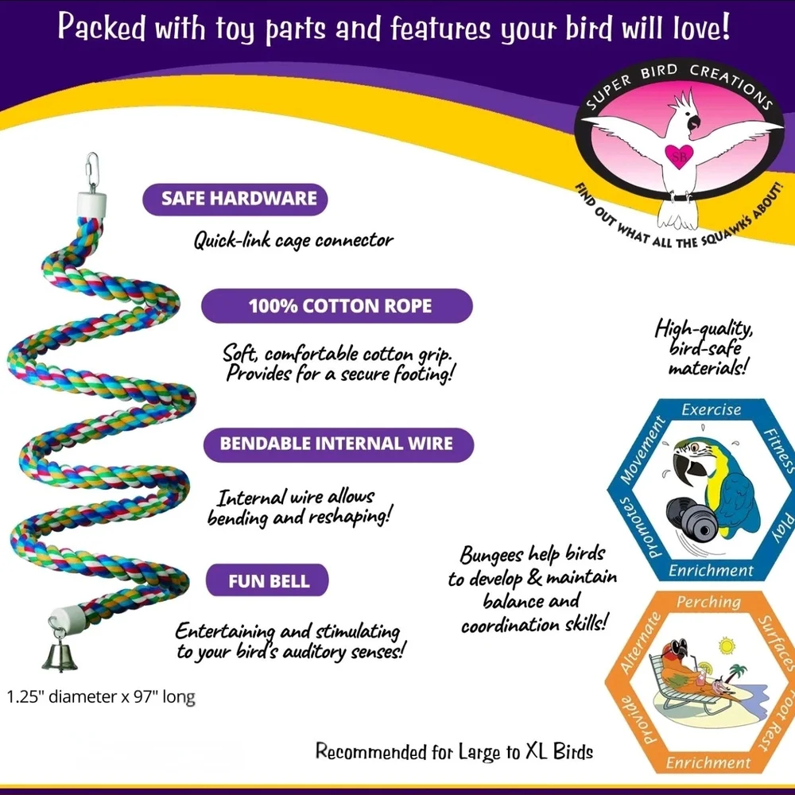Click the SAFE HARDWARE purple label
[235, 199]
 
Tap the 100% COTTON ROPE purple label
[337, 306]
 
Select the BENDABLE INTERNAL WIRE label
[339, 444]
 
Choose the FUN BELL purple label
[267, 580]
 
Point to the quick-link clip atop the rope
[91, 172]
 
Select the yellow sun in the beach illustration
[727, 646]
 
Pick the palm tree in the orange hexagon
[735, 673]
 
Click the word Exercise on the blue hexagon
[712, 409]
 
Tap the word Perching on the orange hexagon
[708, 603]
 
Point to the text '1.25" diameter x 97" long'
[101, 697]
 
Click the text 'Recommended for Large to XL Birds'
[454, 751]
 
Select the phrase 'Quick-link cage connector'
[293, 240]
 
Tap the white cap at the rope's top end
[91, 204]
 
